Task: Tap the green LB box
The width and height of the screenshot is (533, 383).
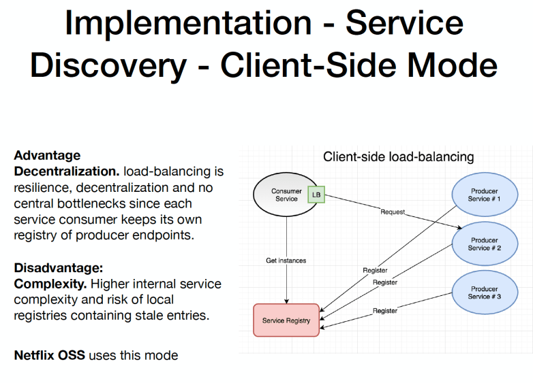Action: click(316, 195)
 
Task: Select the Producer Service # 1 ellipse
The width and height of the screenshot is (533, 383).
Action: click(484, 195)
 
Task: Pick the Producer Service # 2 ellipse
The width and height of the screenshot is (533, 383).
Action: click(484, 244)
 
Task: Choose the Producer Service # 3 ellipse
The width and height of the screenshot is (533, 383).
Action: click(484, 293)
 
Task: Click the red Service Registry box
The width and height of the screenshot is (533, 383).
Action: click(286, 320)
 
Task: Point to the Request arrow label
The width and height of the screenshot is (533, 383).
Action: click(393, 212)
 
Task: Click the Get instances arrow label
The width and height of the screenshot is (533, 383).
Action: click(286, 261)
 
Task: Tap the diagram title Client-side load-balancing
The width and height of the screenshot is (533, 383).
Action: click(398, 157)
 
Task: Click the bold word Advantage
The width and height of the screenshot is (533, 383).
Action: click(47, 155)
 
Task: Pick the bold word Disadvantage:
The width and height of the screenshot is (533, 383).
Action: click(59, 267)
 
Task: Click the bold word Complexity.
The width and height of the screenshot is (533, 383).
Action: click(50, 284)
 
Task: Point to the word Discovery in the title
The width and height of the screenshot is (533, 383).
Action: click(108, 66)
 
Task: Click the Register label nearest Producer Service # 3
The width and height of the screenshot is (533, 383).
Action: click(385, 311)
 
